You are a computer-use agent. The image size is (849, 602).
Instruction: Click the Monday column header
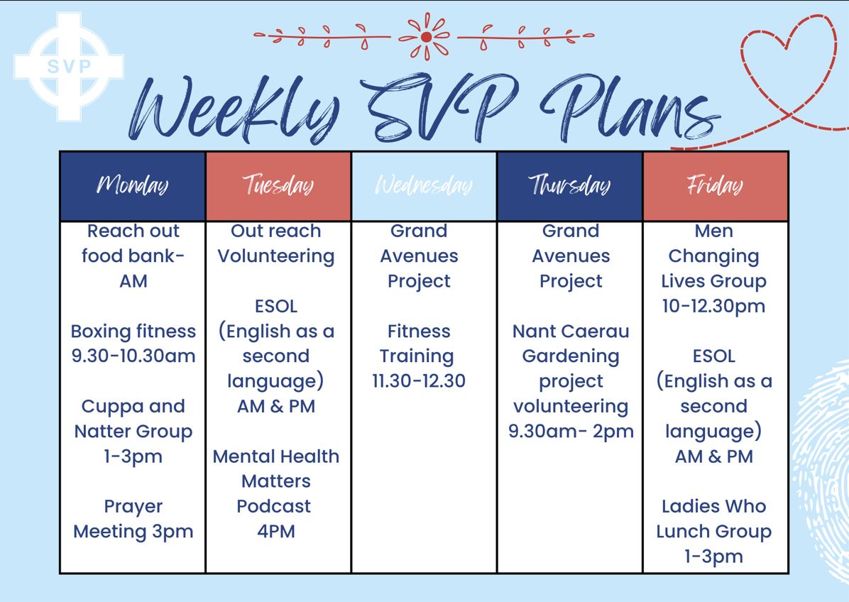[133, 186]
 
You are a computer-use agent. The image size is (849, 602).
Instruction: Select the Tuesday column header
[278, 186]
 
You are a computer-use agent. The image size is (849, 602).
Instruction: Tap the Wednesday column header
[424, 186]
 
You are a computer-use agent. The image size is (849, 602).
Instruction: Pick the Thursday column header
[569, 186]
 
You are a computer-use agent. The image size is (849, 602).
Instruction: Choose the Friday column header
[716, 186]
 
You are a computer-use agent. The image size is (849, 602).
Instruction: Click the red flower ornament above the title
[426, 37]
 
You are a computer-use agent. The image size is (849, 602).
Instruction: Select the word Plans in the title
[631, 109]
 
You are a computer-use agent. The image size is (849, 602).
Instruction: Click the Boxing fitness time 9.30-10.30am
[133, 356]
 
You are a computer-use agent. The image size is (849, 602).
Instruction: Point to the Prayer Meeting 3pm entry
[133, 519]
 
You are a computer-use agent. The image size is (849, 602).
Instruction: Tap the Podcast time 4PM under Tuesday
[276, 531]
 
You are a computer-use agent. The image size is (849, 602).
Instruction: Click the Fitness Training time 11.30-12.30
[419, 381]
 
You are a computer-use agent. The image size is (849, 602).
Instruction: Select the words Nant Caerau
[571, 332]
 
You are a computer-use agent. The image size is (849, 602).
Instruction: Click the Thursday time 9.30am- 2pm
[571, 432]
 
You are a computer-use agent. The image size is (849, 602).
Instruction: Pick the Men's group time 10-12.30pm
[713, 307]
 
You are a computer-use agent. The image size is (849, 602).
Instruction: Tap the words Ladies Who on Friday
[713, 506]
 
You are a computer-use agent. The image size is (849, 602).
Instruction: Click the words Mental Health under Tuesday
[276, 456]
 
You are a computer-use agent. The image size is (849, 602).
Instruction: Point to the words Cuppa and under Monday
[133, 407]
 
